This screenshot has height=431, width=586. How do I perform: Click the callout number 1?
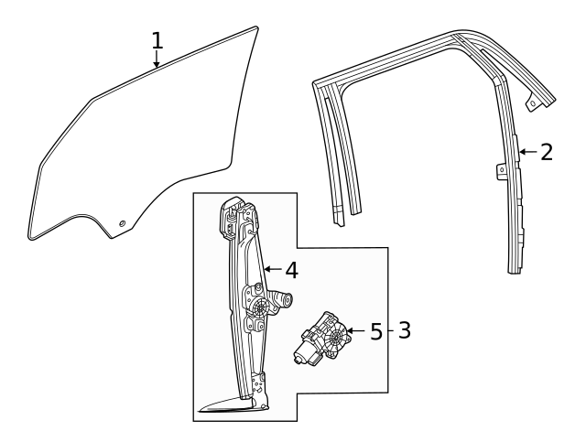coord(157,40)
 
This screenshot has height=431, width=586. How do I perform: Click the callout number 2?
coord(547,152)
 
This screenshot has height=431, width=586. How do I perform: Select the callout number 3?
coord(404,330)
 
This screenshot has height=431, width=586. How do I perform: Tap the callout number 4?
coord(291,270)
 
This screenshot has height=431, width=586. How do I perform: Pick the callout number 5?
coord(376,330)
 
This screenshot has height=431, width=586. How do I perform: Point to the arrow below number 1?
coord(157,62)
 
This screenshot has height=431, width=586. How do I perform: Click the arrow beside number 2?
coord(526,152)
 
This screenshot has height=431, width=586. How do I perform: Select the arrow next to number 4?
coord(271,270)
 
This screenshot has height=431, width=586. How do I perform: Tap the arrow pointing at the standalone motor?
coord(355,330)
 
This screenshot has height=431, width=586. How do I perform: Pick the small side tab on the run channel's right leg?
coord(501,169)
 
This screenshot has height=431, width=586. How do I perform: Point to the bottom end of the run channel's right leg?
coord(515,268)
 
